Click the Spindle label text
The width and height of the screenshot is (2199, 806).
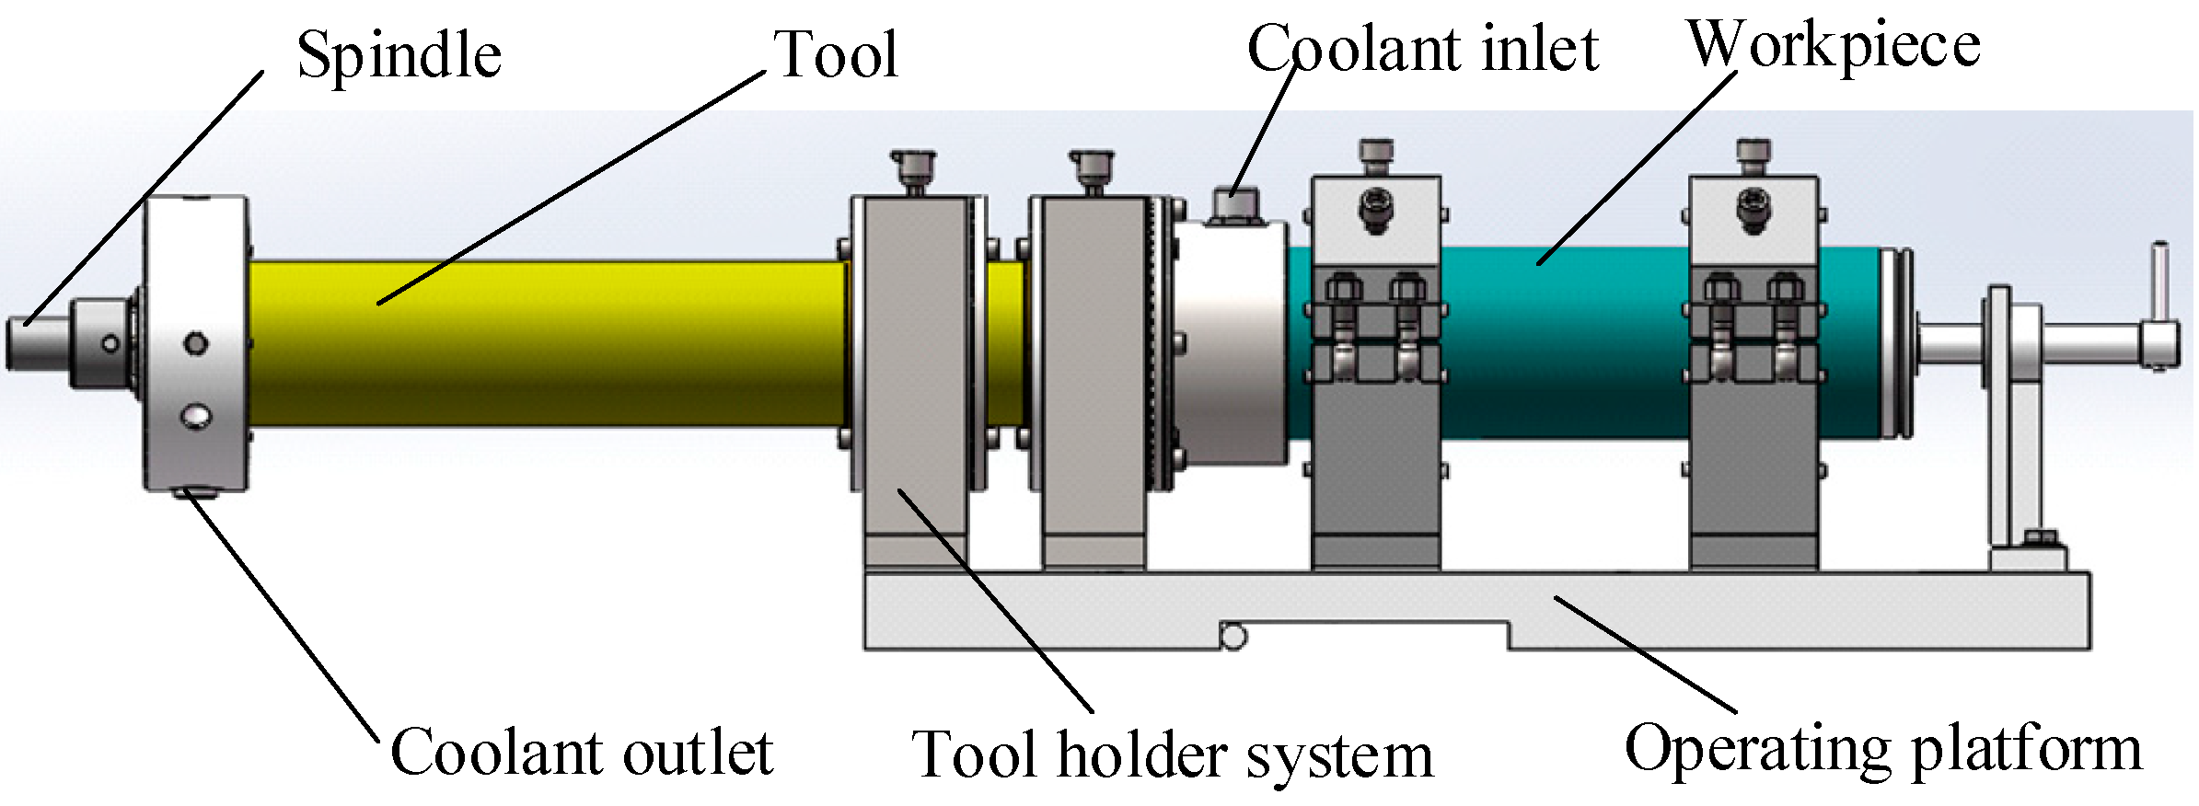(x=399, y=56)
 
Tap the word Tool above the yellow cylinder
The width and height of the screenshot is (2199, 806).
(x=836, y=54)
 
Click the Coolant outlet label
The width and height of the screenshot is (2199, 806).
(x=582, y=753)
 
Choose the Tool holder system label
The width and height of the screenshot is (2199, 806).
(x=1172, y=755)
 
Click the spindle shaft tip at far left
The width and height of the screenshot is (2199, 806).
(x=22, y=342)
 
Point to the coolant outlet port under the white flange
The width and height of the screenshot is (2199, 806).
(x=193, y=494)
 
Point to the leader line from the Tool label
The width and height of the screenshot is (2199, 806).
(x=571, y=188)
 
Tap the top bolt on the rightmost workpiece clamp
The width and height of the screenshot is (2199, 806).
(x=1753, y=154)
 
